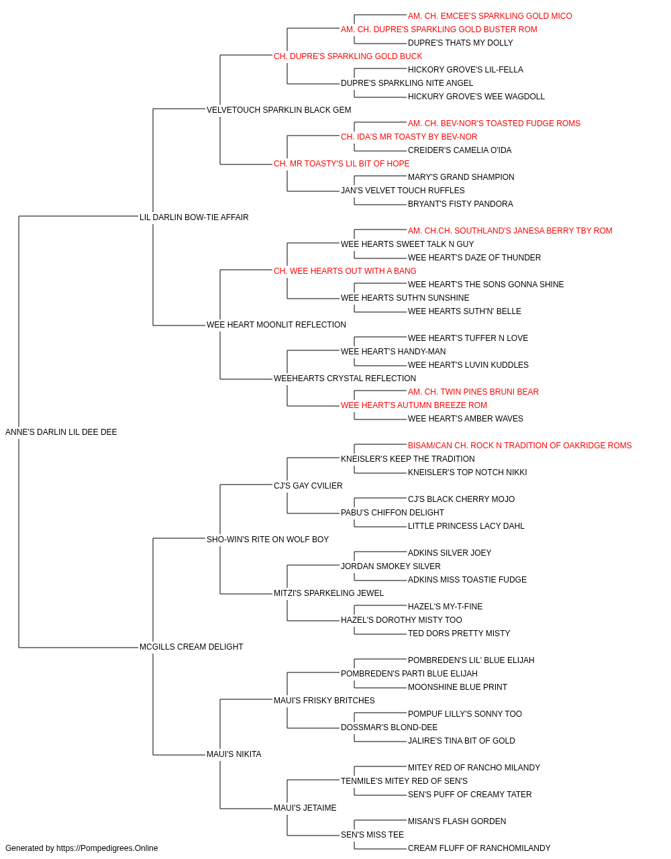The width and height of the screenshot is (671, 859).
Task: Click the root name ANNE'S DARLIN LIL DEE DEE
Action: click(x=61, y=432)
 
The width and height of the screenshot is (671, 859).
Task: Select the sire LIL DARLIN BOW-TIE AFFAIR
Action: click(x=194, y=217)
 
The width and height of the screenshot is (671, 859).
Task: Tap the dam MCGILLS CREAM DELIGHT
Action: click(x=191, y=647)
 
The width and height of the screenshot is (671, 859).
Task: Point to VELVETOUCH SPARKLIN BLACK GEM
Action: click(x=279, y=110)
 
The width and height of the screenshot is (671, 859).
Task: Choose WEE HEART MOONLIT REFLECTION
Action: click(x=276, y=325)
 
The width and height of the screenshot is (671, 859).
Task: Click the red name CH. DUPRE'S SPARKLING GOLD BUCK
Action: click(x=348, y=56)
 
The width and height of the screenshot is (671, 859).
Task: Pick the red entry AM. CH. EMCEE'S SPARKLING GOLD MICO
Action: click(x=490, y=16)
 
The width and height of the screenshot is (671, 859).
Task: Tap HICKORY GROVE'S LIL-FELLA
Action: click(x=466, y=70)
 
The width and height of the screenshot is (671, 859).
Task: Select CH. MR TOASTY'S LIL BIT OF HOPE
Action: click(x=342, y=164)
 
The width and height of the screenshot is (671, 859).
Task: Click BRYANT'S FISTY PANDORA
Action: click(x=460, y=204)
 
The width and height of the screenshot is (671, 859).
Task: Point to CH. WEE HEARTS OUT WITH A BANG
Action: click(x=346, y=271)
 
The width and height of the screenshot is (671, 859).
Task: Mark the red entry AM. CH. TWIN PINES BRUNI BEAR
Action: click(x=474, y=392)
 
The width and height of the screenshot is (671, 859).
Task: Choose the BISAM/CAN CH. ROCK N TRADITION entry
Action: click(x=520, y=446)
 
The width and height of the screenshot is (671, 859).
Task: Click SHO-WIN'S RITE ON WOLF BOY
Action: click(x=268, y=540)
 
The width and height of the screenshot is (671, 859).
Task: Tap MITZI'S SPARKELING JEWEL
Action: click(x=329, y=593)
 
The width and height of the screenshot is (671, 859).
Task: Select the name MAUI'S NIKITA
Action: click(x=234, y=754)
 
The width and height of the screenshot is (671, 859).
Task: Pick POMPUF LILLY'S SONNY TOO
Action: click(x=465, y=714)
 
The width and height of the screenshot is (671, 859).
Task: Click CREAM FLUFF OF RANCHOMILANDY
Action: click(x=479, y=848)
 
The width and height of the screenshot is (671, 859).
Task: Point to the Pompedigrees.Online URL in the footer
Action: click(x=107, y=848)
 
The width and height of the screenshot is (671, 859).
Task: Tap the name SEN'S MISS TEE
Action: click(x=372, y=835)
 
